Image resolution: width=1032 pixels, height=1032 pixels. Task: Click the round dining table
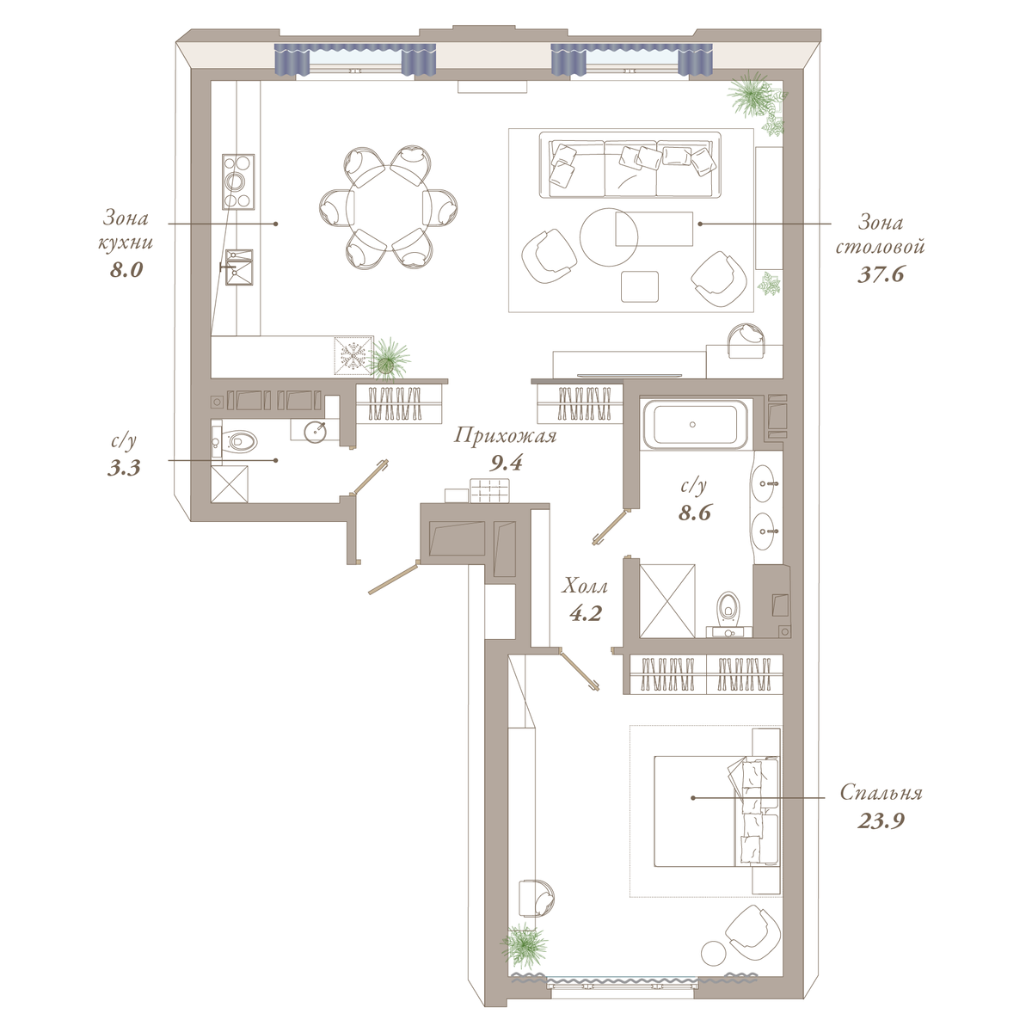point(388,206)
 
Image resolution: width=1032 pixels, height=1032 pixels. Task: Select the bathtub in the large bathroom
point(693,425)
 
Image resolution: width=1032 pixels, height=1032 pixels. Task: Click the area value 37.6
point(881,274)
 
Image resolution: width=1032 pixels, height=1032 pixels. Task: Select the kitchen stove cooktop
point(238,182)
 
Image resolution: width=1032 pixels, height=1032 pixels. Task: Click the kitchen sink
point(239,267)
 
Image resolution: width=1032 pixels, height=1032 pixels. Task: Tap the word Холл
point(584,587)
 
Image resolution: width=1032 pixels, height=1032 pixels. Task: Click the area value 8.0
point(126,269)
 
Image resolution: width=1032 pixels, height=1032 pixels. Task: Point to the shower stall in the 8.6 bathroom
point(667,600)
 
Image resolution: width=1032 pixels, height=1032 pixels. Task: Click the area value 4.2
point(586,613)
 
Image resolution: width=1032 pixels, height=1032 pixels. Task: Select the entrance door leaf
point(392,577)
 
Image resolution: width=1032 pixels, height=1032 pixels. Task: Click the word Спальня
point(881,792)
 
